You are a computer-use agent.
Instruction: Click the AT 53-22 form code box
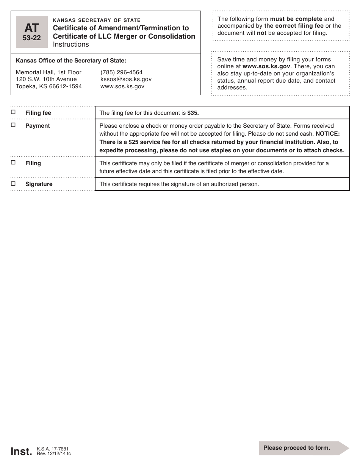tap(32, 32)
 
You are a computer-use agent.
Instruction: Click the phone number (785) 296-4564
tap(121, 72)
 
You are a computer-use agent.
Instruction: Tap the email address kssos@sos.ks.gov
tap(126, 79)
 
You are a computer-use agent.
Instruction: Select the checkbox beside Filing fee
tap(13, 112)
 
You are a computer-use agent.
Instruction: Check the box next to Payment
tap(13, 125)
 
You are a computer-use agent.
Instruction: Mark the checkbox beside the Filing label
tap(13, 163)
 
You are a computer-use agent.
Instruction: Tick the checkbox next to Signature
tap(13, 183)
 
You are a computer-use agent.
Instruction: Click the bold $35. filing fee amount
tap(193, 113)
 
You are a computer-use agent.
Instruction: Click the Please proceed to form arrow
tap(303, 448)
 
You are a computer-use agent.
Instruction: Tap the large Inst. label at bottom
tap(21, 452)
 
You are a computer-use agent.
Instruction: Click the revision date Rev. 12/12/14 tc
tap(53, 453)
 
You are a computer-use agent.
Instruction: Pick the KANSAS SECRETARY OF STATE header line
tap(97, 20)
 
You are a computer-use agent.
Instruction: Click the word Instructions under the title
tap(71, 44)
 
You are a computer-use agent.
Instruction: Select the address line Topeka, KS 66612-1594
tap(49, 86)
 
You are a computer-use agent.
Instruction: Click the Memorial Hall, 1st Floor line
tap(49, 72)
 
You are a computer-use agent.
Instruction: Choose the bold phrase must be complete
tap(296, 19)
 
